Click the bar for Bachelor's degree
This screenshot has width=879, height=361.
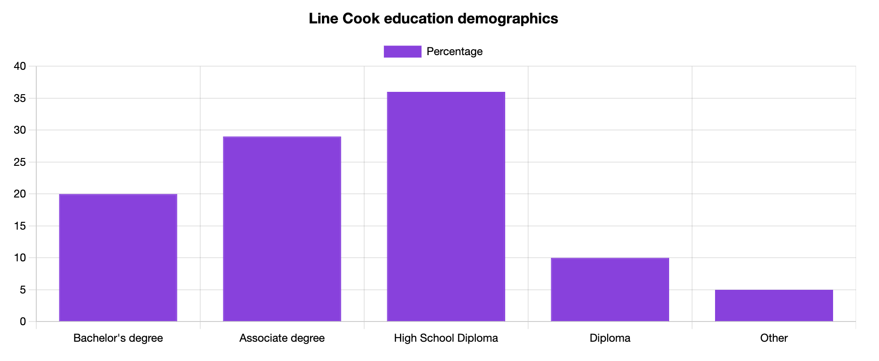[x=118, y=258]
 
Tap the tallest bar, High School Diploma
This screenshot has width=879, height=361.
[x=446, y=207]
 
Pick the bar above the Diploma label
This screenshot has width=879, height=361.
[x=610, y=289]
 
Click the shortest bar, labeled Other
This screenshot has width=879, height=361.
[x=774, y=305]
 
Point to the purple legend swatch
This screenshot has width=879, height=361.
[x=402, y=51]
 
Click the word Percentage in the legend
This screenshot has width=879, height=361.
[x=454, y=51]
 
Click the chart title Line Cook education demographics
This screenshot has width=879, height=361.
[x=433, y=18]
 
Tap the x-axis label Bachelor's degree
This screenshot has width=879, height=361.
[x=118, y=338]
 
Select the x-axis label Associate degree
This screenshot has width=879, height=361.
[x=282, y=338]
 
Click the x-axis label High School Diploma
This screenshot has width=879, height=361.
[x=446, y=338]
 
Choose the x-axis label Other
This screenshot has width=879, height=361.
[x=774, y=338]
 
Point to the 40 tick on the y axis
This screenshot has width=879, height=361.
[x=20, y=67]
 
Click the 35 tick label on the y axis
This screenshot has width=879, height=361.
[x=20, y=98]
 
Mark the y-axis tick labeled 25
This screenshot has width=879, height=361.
[x=20, y=162]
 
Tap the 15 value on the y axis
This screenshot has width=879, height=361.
[x=20, y=226]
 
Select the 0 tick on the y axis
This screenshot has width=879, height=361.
[x=23, y=322]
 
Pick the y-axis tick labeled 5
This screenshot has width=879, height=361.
[x=23, y=290]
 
